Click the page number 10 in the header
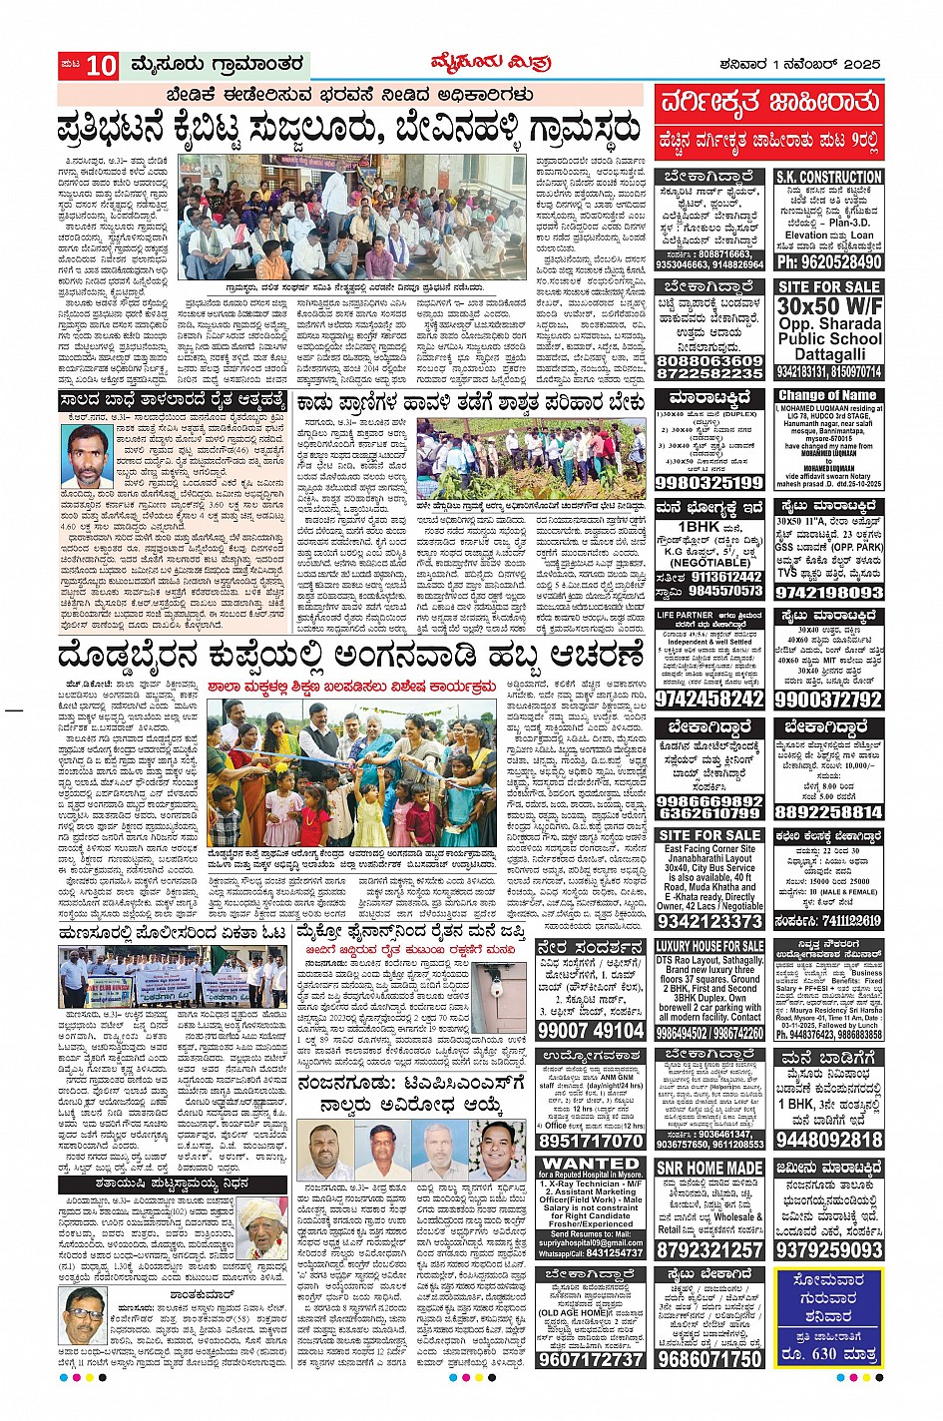pyautogui.click(x=101, y=66)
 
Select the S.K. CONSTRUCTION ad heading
pyautogui.click(x=828, y=177)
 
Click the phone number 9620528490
pyautogui.click(x=828, y=261)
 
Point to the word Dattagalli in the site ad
pyautogui.click(x=828, y=354)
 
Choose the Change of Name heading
pyautogui.click(x=828, y=395)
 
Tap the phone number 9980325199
pyautogui.click(x=709, y=483)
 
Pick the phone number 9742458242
pyautogui.click(x=709, y=699)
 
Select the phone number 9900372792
pyautogui.click(x=828, y=700)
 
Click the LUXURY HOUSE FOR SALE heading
pyautogui.click(x=709, y=946)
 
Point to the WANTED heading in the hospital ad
pyautogui.click(x=591, y=1164)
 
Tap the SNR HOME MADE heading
pyautogui.click(x=709, y=1168)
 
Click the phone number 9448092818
pyautogui.click(x=828, y=1140)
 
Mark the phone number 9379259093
pyautogui.click(x=828, y=1249)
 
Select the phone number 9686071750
pyautogui.click(x=709, y=1359)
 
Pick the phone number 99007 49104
pyautogui.click(x=591, y=1031)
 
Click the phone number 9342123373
pyautogui.click(x=709, y=922)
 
